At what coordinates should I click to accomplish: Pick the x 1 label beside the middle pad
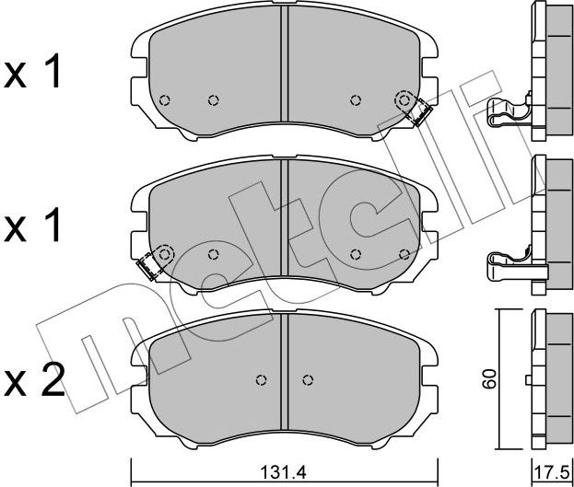[34, 225]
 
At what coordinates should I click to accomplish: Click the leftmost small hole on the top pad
[164, 100]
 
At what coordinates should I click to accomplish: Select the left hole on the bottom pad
[261, 379]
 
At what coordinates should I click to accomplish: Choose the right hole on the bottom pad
[308, 379]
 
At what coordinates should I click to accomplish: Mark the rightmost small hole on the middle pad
[403, 254]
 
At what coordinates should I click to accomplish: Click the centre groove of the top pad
[285, 69]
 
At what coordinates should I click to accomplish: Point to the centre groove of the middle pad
[285, 221]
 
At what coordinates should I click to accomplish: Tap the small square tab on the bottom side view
[527, 379]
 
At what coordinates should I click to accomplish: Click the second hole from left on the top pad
[212, 100]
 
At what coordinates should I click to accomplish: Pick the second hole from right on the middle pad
[356, 255]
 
